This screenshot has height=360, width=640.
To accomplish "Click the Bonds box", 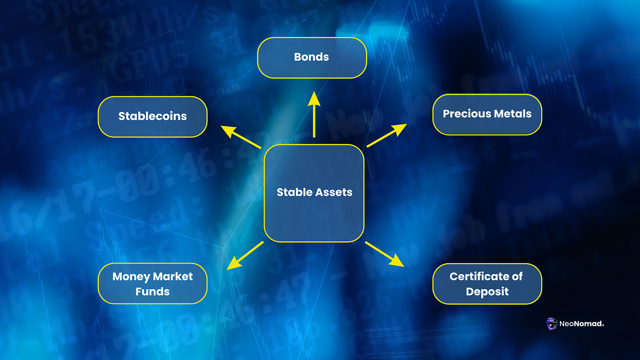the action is coord(312,58).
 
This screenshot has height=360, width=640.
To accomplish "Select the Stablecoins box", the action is coord(152,116).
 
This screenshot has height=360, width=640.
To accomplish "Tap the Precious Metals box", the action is coord(487,114).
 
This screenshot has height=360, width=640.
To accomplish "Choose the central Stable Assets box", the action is coord(314,193).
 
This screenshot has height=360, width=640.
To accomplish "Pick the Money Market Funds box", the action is coord(152,284).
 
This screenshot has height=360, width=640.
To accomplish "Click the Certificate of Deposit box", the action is coord(487,284).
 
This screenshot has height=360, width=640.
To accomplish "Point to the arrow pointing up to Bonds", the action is coord(314,114).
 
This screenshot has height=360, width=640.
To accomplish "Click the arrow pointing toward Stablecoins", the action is coord(241,137).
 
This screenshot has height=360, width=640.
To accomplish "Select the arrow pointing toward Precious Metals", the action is coord(386,136).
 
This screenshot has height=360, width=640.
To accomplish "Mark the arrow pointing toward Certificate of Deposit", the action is coord(384,254).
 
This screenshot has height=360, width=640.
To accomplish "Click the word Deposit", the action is coord(487,292).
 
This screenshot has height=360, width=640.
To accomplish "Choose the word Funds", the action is coord(152,292).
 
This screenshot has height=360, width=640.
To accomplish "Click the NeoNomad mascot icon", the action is coord(552,324).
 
